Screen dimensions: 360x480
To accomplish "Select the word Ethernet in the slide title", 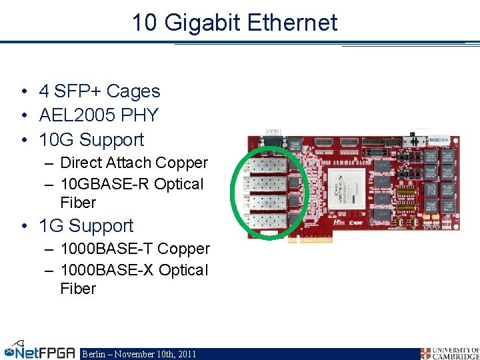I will pyautogui.click(x=293, y=23).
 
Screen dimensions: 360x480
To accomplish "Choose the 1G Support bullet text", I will pyautogui.click(x=86, y=226).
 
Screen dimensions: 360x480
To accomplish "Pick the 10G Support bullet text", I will pyautogui.click(x=91, y=140).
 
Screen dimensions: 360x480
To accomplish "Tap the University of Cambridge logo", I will pyautogui.click(x=449, y=353).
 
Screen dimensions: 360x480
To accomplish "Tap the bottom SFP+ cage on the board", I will pyautogui.click(x=267, y=221).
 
